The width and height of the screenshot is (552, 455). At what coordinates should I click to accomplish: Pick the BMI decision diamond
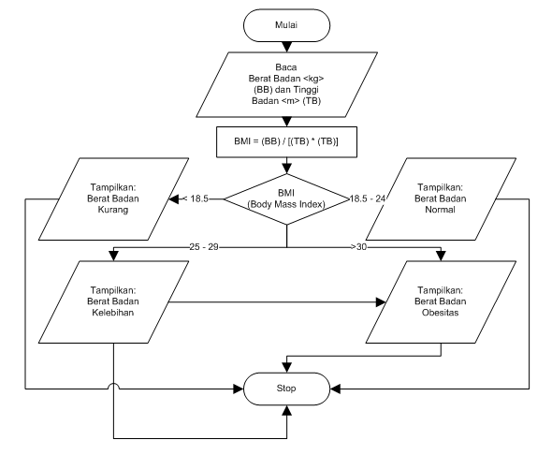pos(286,198)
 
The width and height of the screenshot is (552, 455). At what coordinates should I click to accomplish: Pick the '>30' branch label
pos(358,248)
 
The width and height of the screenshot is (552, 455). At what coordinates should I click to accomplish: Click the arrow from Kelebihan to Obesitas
pos(281,302)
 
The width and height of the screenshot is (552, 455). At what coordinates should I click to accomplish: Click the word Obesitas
pos(442,315)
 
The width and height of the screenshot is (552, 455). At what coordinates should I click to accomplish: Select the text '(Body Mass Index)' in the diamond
pos(286,204)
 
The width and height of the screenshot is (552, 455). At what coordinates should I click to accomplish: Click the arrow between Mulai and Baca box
pos(286,47)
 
